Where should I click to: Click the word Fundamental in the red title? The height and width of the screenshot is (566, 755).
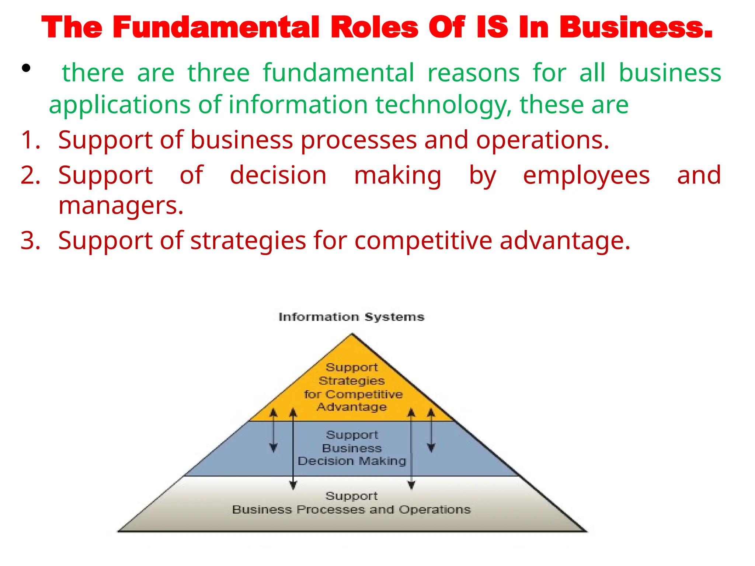coord(216,28)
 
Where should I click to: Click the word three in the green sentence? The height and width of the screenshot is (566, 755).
coord(219,73)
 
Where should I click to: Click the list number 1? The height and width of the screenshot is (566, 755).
coord(30,140)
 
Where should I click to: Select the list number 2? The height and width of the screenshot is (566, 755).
coord(30,175)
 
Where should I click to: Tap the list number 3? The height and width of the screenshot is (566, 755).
coord(30,241)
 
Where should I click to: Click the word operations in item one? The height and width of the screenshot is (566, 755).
coord(542,140)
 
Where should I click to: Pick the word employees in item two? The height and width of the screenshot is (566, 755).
coord(586,175)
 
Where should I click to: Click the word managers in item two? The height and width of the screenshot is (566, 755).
coord(121,206)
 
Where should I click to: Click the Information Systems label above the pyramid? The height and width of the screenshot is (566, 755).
coord(351,317)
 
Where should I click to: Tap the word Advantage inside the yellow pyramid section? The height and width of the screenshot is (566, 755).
coord(352,407)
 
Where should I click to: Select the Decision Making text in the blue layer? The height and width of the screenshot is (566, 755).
coord(352,461)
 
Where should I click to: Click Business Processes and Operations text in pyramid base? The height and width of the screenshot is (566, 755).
coord(351,510)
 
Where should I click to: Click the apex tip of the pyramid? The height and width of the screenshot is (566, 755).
coord(352,334)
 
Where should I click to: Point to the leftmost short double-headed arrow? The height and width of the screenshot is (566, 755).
coord(273,430)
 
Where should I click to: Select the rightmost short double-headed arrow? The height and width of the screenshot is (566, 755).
coord(431,430)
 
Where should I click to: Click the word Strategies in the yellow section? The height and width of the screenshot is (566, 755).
coord(352,381)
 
